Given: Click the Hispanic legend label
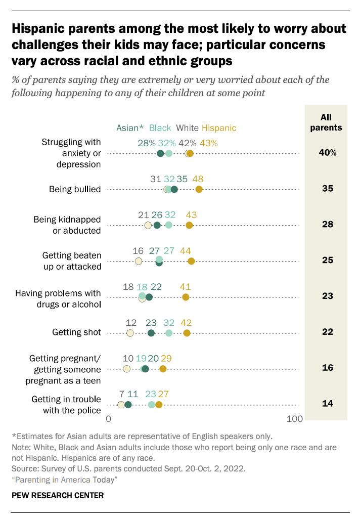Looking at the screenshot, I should (219, 128).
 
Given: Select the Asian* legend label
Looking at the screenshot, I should (130, 128).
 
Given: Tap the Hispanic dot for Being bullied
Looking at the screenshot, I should (199, 189).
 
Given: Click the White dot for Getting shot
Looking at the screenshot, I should (130, 333).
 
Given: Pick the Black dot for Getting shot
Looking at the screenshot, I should (169, 333).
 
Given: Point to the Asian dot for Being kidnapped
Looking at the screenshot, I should (157, 225).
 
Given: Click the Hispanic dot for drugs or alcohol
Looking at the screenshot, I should (186, 297).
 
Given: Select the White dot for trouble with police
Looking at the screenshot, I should (121, 405).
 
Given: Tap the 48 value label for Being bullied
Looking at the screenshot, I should (198, 179).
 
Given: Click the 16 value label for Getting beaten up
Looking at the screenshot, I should (138, 250).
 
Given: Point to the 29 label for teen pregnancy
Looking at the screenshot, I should (166, 358).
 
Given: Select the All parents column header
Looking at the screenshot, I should (326, 122).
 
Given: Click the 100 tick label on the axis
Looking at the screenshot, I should (294, 419).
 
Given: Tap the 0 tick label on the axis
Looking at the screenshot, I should (108, 419).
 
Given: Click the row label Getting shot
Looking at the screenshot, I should (76, 332).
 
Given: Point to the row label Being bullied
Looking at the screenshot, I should (75, 189).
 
